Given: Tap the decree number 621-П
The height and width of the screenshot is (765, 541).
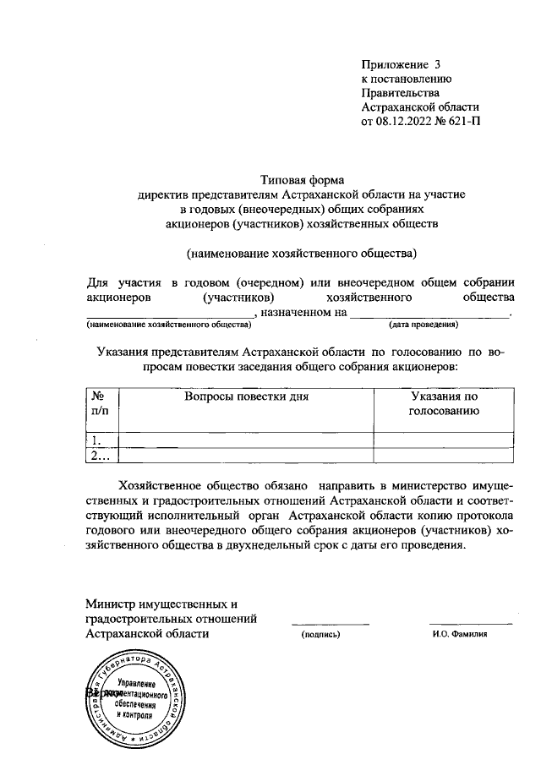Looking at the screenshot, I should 461,123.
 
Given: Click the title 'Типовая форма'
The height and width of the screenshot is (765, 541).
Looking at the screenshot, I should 302,179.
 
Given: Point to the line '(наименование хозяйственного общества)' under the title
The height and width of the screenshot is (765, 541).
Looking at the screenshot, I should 302,252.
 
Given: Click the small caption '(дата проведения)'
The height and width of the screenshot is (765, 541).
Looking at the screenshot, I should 423,325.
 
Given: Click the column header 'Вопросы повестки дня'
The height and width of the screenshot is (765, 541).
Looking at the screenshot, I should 247,396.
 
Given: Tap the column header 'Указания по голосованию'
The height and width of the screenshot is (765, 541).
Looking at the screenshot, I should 444,403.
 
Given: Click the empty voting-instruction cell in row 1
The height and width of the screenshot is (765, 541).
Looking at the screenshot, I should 444,440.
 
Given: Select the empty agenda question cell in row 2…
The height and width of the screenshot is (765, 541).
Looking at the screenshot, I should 247,456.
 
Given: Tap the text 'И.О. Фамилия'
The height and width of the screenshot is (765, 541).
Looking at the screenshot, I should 460,634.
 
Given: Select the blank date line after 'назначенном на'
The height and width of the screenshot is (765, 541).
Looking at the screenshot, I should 430,314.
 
